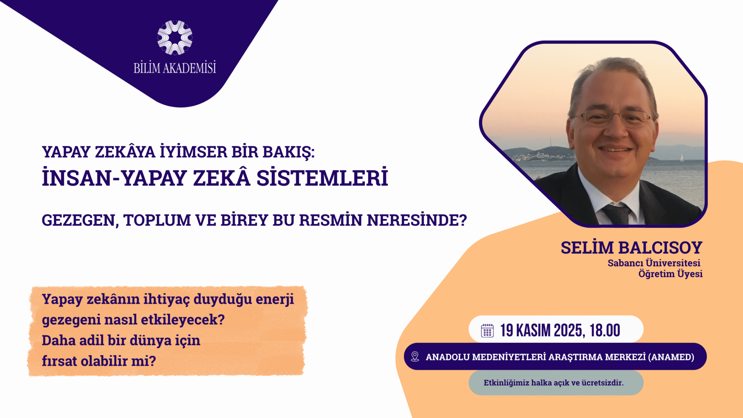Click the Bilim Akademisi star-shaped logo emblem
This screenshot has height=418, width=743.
(175, 38)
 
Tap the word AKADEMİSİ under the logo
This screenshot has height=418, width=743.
(189, 68)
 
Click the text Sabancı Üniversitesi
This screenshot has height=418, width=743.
(654, 263)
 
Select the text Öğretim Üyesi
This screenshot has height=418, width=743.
(670, 274)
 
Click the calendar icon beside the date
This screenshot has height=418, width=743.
(487, 330)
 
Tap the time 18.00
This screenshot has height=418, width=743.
(605, 330)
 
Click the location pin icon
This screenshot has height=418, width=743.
(415, 356)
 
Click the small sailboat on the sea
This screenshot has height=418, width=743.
(682, 157)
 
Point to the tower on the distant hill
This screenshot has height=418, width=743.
(550, 141)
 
